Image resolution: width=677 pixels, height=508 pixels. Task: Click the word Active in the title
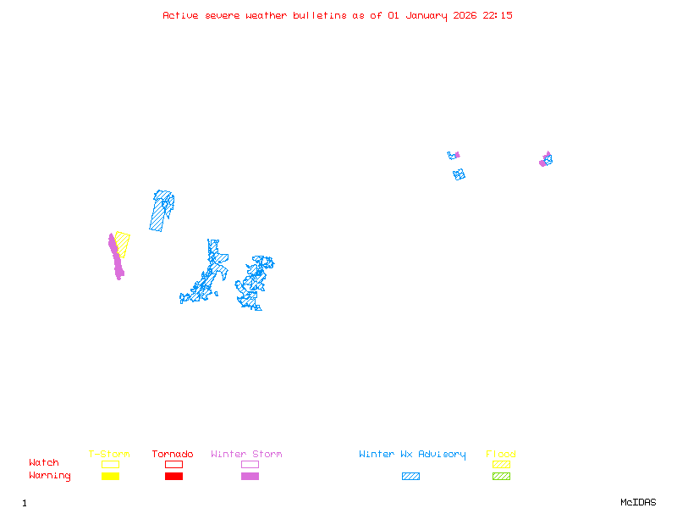pyautogui.click(x=181, y=15)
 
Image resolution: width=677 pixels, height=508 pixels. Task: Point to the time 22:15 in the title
pyautogui.click(x=498, y=15)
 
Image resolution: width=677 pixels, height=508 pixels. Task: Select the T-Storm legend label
pyautogui.click(x=109, y=455)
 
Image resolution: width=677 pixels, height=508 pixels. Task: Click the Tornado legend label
pyautogui.click(x=173, y=455)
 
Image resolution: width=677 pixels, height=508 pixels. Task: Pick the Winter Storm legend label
pyautogui.click(x=246, y=455)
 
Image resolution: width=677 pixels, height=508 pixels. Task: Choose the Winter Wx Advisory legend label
pyautogui.click(x=412, y=455)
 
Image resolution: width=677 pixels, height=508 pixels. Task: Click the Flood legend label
pyautogui.click(x=501, y=455)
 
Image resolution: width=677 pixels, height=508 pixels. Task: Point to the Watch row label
pyautogui.click(x=44, y=463)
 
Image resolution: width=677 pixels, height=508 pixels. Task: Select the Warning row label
pyautogui.click(x=50, y=476)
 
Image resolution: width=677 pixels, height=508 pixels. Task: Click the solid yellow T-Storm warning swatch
pyautogui.click(x=110, y=477)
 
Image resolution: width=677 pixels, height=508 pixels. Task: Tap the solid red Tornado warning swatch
pyautogui.click(x=173, y=477)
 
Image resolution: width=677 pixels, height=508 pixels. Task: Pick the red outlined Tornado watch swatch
pyautogui.click(x=173, y=464)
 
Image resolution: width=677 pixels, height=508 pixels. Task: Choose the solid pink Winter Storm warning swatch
pyautogui.click(x=250, y=477)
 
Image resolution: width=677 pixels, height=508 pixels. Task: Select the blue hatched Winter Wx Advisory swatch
pyautogui.click(x=410, y=477)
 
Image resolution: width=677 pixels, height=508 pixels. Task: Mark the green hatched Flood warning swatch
pyautogui.click(x=501, y=477)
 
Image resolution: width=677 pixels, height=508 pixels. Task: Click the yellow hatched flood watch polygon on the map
pyautogui.click(x=124, y=243)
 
